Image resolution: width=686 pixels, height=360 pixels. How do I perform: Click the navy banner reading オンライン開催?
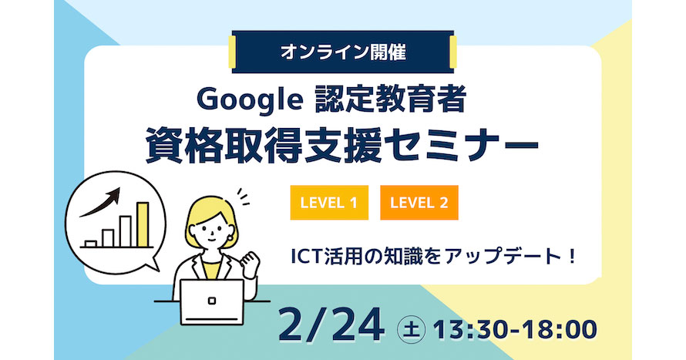[342, 53]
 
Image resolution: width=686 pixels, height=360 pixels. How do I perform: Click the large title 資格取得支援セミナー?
[342, 146]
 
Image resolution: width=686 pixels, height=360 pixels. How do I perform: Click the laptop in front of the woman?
[212, 302]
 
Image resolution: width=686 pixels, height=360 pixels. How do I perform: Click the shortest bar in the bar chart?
[90, 244]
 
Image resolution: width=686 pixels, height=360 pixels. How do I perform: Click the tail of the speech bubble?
[152, 265]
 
